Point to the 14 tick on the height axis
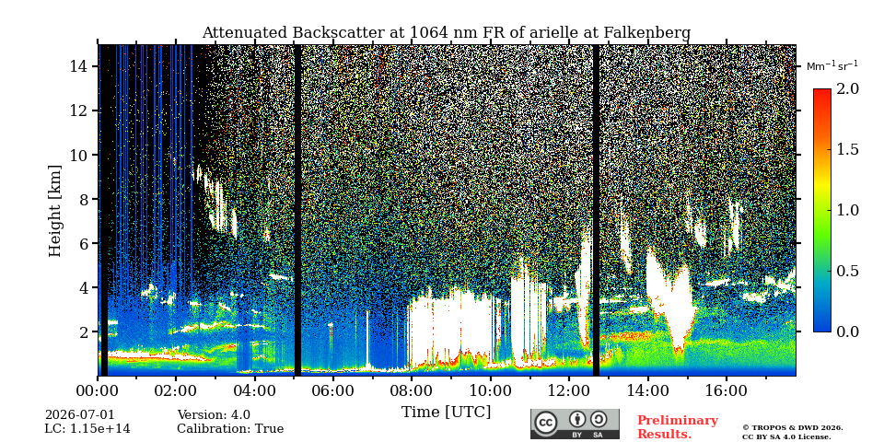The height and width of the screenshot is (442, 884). click(79, 66)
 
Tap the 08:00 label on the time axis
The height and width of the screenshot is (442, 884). click(411, 390)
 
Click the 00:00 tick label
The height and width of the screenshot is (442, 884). click(98, 390)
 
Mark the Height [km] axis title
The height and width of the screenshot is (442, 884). click(54, 211)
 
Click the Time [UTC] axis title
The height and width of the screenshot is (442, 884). click(446, 413)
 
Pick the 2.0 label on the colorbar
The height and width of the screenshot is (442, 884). click(847, 89)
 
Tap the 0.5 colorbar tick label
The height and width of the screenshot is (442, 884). click(847, 271)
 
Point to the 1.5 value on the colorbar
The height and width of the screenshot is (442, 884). click(847, 150)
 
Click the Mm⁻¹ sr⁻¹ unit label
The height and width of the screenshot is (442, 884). click(832, 65)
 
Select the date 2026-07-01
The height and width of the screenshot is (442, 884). click(79, 415)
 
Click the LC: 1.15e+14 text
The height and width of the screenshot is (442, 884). click(87, 429)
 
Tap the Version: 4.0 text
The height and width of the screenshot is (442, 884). click(214, 415)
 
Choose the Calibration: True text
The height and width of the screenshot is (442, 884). click(230, 429)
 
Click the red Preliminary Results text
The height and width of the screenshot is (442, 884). click(678, 427)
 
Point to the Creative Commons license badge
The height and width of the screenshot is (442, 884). click(575, 424)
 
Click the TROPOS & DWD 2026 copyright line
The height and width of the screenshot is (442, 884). click(793, 428)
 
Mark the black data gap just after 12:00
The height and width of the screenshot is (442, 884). click(596, 210)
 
